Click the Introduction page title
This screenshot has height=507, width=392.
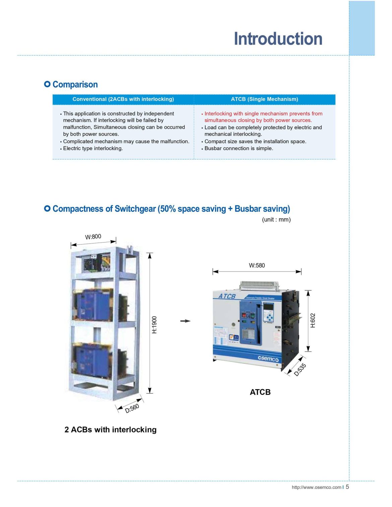pos(278,39)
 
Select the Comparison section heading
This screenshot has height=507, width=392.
pos(75,84)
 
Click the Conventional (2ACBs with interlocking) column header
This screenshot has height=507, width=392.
pos(123,99)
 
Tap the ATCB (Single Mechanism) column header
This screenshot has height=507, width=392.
pos(264,99)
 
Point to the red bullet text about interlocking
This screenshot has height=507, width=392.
pos(263,117)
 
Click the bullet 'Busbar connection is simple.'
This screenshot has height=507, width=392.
pos(239,148)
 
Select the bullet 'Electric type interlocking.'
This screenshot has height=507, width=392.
pos(93,148)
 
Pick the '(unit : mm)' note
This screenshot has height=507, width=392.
pos(276,220)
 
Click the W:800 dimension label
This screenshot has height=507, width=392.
pos(93,237)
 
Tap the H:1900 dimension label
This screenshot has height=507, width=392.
pos(154,324)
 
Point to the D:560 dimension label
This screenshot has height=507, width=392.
pos(132,409)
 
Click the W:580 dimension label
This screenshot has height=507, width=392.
pos(257,266)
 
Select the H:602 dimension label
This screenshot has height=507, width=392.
pos(313,320)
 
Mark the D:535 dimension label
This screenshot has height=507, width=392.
pos(300,370)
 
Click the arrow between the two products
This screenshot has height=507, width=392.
pos(185,321)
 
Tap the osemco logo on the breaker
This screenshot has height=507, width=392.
pos(268,359)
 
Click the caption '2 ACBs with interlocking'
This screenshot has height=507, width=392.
pos(110,430)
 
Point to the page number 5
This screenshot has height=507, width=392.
pos(347,487)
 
